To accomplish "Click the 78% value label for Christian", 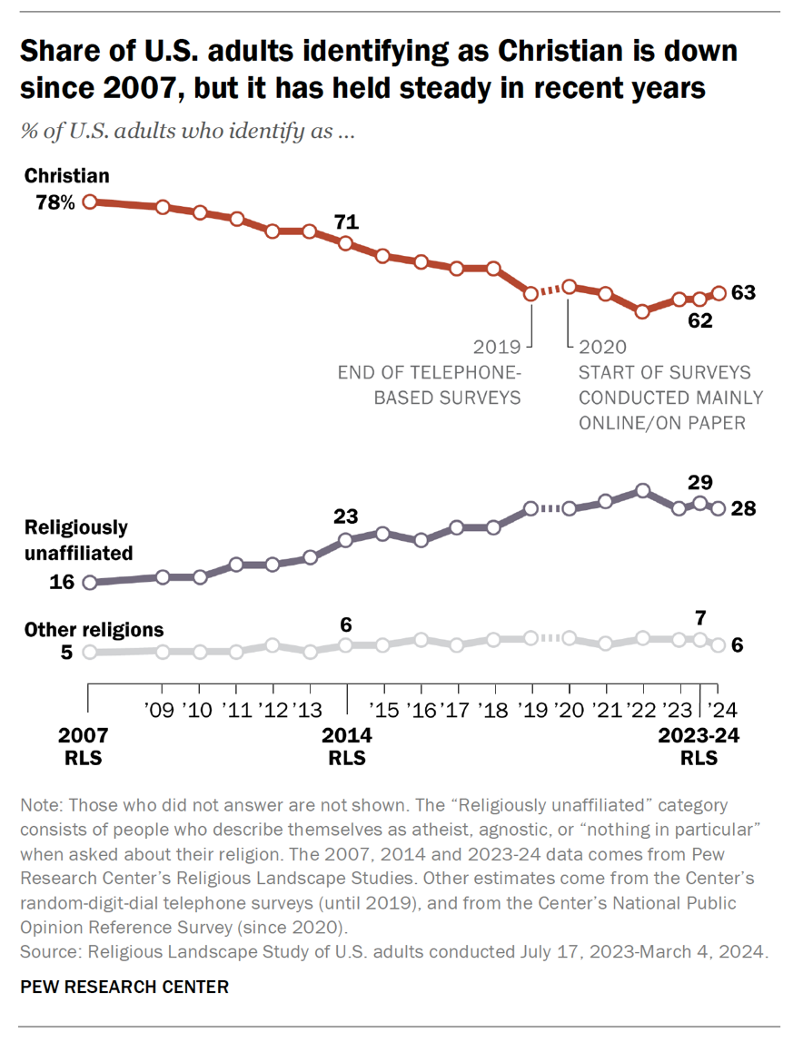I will (55, 202).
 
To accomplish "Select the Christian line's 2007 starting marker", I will (89, 202).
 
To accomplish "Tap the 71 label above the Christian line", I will (346, 222).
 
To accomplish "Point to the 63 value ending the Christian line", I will (744, 293).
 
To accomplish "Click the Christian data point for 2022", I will (642, 311).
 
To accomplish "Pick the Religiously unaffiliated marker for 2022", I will (642, 490).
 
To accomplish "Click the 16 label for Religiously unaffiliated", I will (61, 582).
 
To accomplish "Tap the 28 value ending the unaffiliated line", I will (744, 509).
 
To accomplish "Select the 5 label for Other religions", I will (66, 652).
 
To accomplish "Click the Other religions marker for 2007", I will (89, 652).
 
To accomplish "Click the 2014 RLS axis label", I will (346, 746).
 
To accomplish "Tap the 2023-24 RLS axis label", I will (699, 746).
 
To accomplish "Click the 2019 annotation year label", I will (497, 347).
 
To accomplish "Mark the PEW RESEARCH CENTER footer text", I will (124, 987).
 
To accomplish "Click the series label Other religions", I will (94, 629).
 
